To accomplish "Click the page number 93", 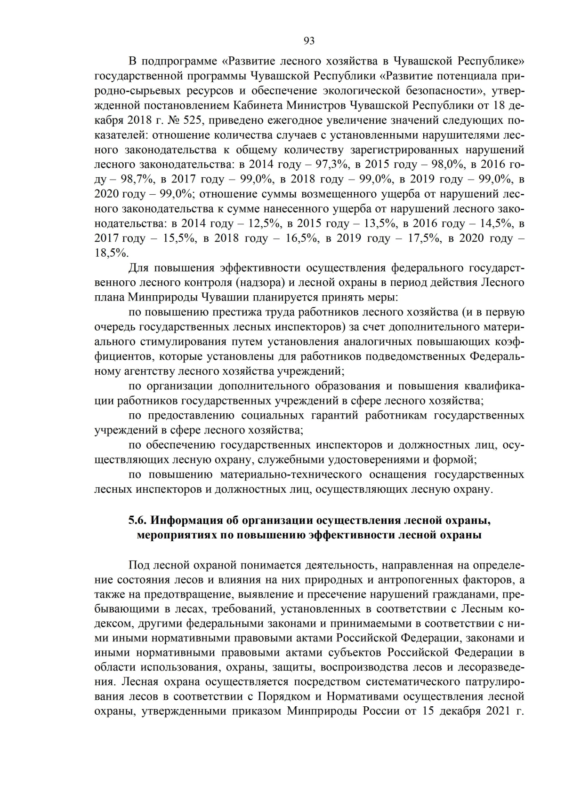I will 309,41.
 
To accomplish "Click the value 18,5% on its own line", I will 112,253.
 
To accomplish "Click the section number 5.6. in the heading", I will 138,521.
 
